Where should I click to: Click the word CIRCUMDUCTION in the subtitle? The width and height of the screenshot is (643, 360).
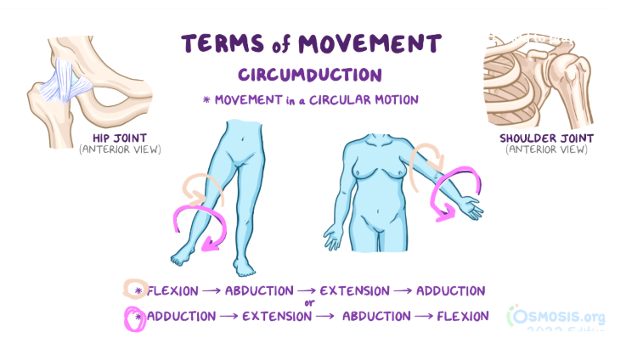tap(310, 75)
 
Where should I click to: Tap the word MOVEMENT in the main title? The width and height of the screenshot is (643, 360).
tap(369, 43)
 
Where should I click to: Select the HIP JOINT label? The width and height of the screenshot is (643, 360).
tap(119, 138)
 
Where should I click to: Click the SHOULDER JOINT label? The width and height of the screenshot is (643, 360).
tap(546, 138)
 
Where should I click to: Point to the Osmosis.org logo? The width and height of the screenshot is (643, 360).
tap(556, 316)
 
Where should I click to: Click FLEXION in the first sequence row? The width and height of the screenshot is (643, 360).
tap(172, 291)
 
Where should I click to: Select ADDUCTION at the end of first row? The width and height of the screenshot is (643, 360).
tap(451, 290)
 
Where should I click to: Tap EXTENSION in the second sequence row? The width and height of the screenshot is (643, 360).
tap(277, 317)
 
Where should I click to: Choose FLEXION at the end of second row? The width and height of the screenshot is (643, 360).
tap(463, 316)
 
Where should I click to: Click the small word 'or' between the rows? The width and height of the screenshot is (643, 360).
tap(309, 303)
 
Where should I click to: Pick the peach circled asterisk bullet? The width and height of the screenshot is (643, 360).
tap(135, 289)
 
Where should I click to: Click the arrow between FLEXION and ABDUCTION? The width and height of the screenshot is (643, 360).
tap(212, 291)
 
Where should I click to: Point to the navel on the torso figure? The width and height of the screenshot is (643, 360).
tap(378, 211)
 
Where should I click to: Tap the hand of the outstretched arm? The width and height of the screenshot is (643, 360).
tap(471, 207)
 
